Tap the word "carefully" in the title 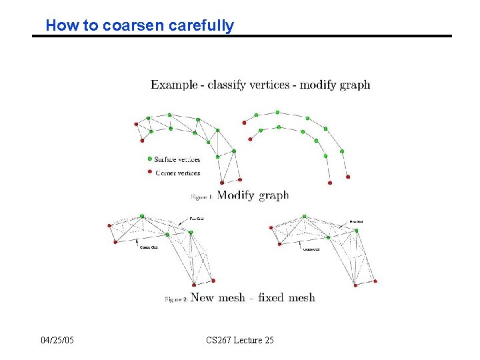tap(201, 26)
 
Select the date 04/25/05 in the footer tap(57, 341)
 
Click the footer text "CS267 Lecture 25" tap(240, 341)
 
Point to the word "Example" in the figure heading tap(174, 85)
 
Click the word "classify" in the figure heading tap(227, 85)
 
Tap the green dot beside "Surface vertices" tap(149, 159)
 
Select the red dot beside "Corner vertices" tap(149, 172)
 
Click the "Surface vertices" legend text tap(177, 159)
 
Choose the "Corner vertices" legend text tap(177, 173)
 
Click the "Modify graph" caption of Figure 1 tap(253, 195)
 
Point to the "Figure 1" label tap(201, 197)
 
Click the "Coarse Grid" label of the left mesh tap(149, 248)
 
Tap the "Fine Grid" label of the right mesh tap(357, 221)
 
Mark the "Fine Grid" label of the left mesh tap(197, 218)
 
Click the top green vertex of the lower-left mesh tap(142, 216)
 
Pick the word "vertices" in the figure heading tap(273, 85)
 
